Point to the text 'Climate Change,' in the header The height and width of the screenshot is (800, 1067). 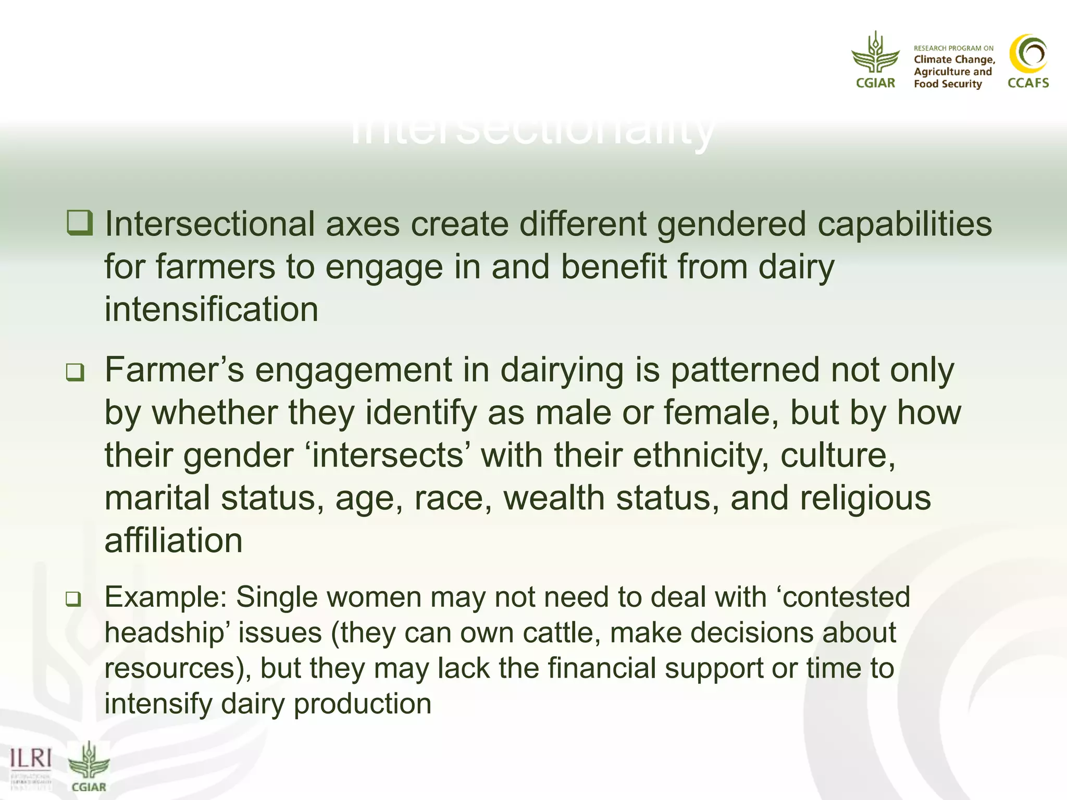[954, 60]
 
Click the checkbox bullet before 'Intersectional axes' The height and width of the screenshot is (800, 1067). [80, 223]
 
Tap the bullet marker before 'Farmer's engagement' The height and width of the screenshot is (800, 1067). [75, 372]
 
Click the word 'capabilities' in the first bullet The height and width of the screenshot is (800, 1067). [904, 224]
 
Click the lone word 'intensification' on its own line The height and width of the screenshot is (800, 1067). [211, 309]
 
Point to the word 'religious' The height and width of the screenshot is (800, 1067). [865, 498]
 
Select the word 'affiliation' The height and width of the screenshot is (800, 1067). [173, 541]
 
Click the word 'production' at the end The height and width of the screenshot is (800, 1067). [363, 704]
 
